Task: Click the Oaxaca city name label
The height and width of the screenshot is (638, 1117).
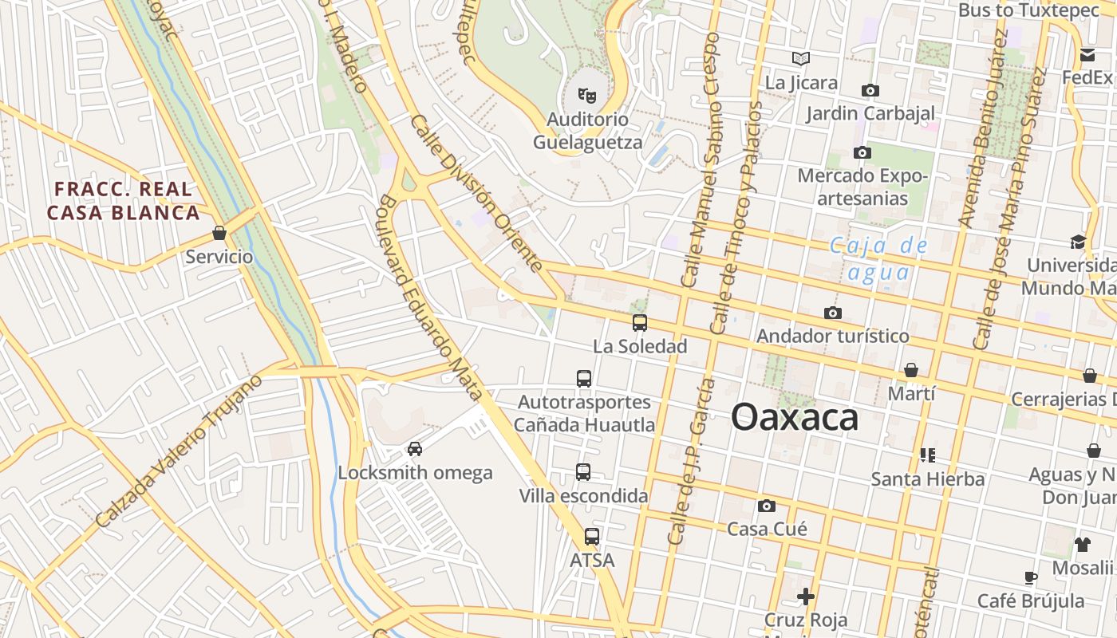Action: tap(795, 417)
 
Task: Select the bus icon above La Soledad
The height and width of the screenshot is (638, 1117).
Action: tap(640, 323)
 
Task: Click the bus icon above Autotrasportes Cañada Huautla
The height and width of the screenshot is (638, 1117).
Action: tap(584, 379)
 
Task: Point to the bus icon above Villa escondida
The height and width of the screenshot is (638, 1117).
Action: tap(583, 472)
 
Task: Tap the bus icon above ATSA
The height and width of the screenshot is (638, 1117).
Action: tap(592, 537)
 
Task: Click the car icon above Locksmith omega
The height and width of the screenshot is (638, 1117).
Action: tap(415, 449)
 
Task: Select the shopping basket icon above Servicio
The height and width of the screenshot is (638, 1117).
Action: tap(219, 234)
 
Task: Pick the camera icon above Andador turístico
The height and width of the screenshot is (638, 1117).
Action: tap(833, 313)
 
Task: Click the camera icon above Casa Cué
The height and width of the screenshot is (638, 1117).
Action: tap(767, 506)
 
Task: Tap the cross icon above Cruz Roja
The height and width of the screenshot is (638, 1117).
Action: tap(806, 596)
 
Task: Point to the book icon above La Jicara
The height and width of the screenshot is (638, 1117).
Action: tap(801, 58)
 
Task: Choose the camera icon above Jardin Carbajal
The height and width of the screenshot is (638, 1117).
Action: tap(870, 90)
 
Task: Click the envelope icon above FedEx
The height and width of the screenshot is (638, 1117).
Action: tap(1087, 55)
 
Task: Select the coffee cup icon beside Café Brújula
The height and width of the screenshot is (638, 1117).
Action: tap(1031, 577)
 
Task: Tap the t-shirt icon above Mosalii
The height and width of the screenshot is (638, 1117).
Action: tap(1082, 545)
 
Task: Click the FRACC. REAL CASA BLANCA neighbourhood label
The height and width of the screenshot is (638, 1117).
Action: tap(123, 201)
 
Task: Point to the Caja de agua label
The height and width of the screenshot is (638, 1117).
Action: tap(878, 258)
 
